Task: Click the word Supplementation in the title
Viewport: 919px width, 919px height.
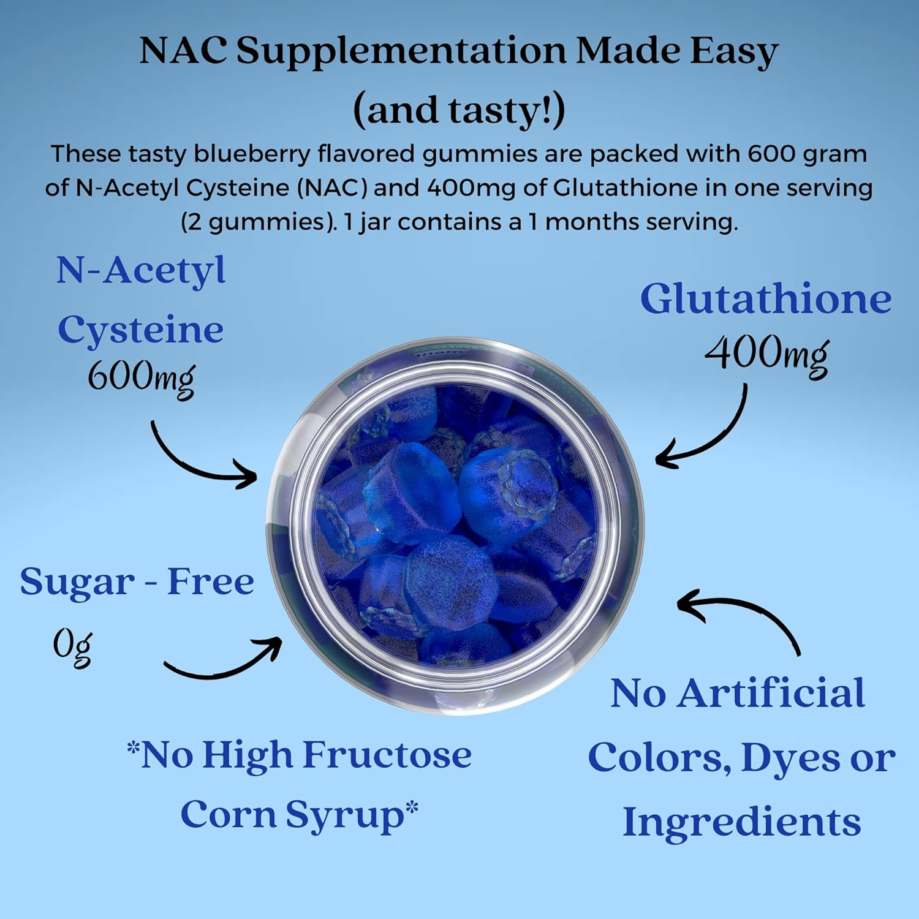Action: pos(401,51)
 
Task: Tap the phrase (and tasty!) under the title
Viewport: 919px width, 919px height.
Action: pos(459,110)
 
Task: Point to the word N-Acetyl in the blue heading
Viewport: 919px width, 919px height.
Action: pos(141,270)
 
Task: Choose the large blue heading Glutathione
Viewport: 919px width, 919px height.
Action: pos(765,299)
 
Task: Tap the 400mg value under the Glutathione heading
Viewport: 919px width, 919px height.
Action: pos(766,354)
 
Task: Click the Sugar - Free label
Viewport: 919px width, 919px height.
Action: pos(137,581)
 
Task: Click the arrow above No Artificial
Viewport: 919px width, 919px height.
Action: pos(741,616)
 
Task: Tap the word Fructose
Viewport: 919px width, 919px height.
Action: pos(387,755)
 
